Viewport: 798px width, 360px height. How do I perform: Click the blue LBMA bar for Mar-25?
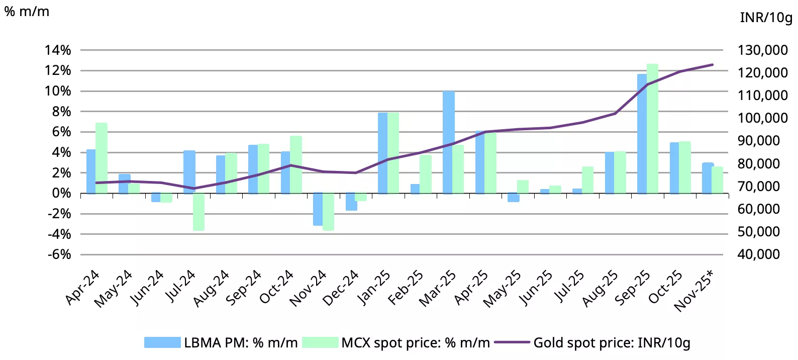pyautogui.click(x=448, y=142)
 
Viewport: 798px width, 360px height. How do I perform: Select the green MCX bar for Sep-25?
pyautogui.click(x=652, y=129)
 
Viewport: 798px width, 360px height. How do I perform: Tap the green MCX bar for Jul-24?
pyautogui.click(x=199, y=212)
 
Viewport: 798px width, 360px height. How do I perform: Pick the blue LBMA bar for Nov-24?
pyautogui.click(x=318, y=209)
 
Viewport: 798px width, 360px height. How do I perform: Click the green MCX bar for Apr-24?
pyautogui.click(x=102, y=158)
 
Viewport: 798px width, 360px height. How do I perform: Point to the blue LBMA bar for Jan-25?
pyautogui.click(x=383, y=153)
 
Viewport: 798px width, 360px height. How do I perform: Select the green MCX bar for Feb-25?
pyautogui.click(x=426, y=174)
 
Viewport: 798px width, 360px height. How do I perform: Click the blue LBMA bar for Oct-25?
pyautogui.click(x=674, y=168)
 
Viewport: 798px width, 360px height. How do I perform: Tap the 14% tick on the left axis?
pyautogui.click(x=58, y=50)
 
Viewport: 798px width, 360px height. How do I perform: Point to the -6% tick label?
pyautogui.click(x=59, y=254)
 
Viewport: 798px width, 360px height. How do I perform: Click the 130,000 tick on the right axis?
pyautogui.click(x=762, y=50)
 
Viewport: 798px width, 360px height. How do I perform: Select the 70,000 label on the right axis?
pyautogui.click(x=758, y=187)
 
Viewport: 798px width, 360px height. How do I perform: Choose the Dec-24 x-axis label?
pyautogui.click(x=341, y=288)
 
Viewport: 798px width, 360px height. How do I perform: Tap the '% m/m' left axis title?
pyautogui.click(x=27, y=11)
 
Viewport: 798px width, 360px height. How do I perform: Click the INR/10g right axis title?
pyautogui.click(x=766, y=18)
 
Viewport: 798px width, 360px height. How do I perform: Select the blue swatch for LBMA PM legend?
pyautogui.click(x=162, y=342)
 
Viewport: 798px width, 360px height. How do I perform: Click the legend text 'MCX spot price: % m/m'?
pyautogui.click(x=416, y=342)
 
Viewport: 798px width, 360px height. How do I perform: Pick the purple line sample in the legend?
pyautogui.click(x=512, y=342)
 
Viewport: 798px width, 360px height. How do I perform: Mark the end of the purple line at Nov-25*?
pyautogui.click(x=713, y=65)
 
